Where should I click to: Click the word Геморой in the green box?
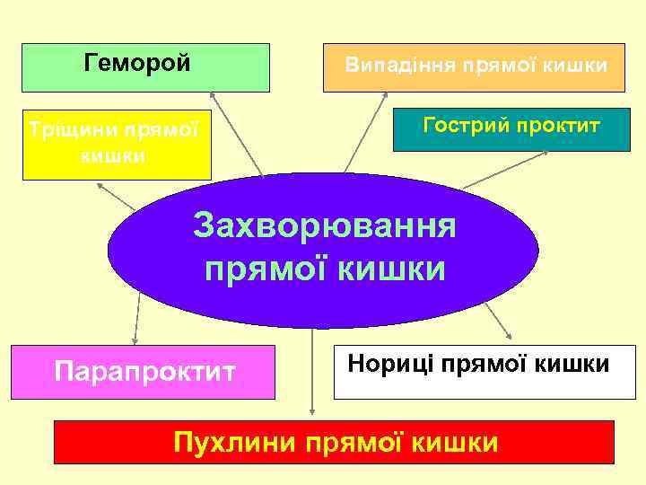tap(137, 64)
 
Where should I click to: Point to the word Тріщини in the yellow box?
tap(71, 128)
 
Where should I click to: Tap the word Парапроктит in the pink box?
tap(145, 370)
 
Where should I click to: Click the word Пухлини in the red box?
tap(236, 443)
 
